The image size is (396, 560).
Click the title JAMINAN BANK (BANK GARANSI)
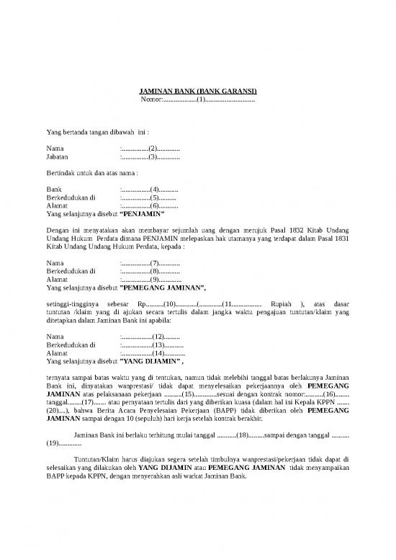pos(197,91)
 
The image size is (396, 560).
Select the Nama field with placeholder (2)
pos(150,147)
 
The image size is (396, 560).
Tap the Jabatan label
pos(58,156)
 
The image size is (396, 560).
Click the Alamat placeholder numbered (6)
pos(150,205)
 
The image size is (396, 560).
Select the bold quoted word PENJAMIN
pos(143,214)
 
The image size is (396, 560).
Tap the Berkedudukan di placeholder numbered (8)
pos(150,272)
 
